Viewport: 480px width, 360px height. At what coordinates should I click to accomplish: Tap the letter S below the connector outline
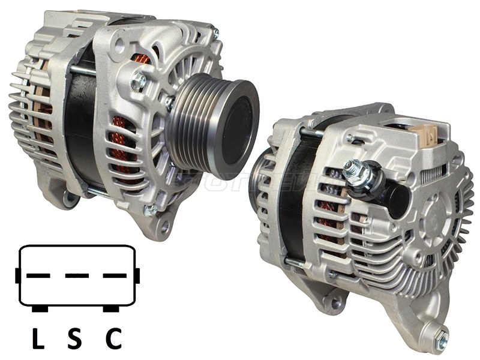74,340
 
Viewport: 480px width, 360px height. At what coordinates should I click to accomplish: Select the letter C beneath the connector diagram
113,340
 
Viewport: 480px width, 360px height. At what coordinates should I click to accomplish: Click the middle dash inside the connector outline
77,276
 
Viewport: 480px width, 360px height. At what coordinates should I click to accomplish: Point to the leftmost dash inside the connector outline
39,276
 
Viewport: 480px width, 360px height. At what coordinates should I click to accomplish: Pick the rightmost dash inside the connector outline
115,276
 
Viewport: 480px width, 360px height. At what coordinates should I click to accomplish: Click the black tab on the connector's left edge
18,276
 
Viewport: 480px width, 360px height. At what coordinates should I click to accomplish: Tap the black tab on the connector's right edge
137,276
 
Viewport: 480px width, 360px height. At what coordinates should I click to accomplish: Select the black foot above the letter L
40,308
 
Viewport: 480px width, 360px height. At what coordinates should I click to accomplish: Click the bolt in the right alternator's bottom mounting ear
442,340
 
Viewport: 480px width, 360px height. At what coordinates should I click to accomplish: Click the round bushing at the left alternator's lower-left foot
71,198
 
